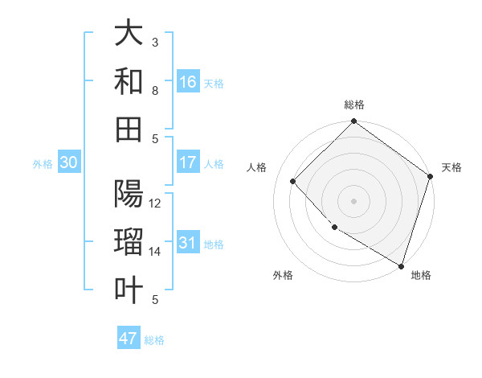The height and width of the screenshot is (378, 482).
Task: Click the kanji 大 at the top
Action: tap(129, 34)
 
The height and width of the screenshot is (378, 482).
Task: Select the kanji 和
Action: tap(129, 81)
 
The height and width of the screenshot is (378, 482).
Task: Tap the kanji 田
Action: tap(129, 127)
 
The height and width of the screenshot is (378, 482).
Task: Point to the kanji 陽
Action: tap(129, 195)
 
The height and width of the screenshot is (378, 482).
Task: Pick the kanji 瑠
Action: tap(129, 244)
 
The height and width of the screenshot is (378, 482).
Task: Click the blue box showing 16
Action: tap(188, 82)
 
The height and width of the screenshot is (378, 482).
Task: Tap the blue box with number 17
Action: tap(188, 162)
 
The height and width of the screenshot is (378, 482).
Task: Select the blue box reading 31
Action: tap(188, 243)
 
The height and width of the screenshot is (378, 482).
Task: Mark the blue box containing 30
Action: tap(69, 162)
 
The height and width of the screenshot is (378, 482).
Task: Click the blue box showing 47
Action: tap(129, 339)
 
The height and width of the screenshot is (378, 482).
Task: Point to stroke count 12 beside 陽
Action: tap(156, 203)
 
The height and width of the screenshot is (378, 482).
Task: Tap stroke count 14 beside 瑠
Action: tap(156, 252)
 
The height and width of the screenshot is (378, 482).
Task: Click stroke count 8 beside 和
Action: tap(156, 90)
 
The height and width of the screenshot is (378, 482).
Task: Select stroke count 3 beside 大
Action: tap(156, 42)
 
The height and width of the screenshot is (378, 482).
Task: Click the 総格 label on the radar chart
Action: tap(353, 105)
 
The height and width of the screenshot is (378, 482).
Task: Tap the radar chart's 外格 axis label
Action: tap(283, 275)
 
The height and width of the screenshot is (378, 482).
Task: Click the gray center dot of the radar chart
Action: tap(353, 200)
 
